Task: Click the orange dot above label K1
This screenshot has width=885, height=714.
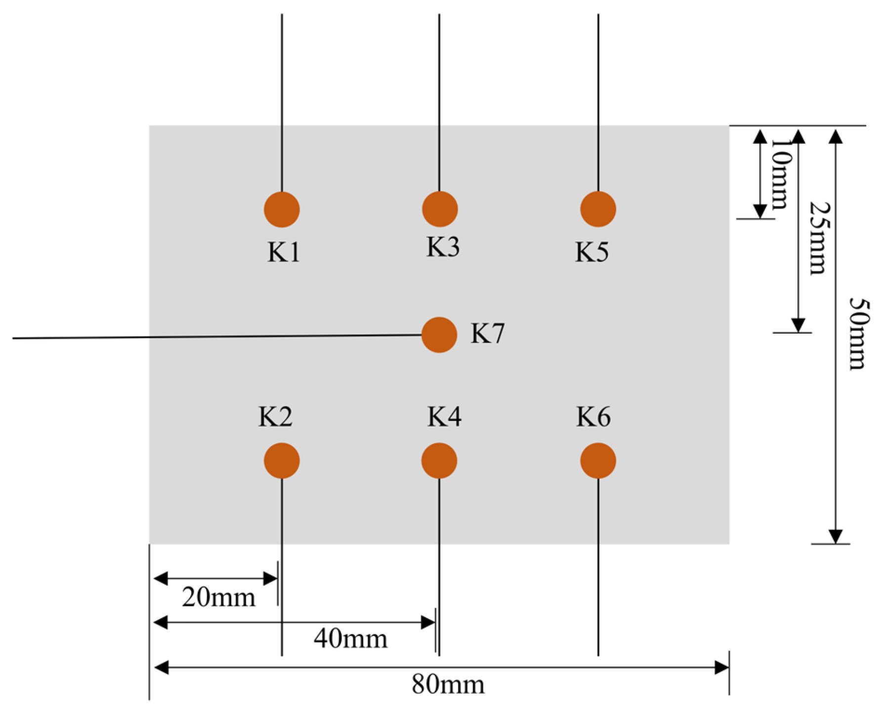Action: pyautogui.click(x=282, y=210)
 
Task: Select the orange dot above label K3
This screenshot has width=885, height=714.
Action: pyautogui.click(x=440, y=209)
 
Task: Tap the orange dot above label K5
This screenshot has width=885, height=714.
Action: pyautogui.click(x=598, y=209)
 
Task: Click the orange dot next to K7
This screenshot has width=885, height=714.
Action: pyautogui.click(x=439, y=335)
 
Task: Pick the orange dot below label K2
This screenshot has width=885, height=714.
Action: pyautogui.click(x=282, y=461)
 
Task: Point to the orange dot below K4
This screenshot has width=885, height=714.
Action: pyautogui.click(x=439, y=461)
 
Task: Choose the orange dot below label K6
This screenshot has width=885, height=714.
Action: pyautogui.click(x=598, y=461)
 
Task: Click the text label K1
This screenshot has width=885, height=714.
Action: pyautogui.click(x=284, y=252)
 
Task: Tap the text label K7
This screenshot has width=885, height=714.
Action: pyautogui.click(x=487, y=334)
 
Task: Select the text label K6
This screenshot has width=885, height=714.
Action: pyautogui.click(x=593, y=417)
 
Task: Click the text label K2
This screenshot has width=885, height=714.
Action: pyautogui.click(x=275, y=417)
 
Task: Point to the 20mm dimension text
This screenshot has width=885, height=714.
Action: pyautogui.click(x=218, y=598)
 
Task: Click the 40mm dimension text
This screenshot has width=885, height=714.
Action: pyautogui.click(x=350, y=639)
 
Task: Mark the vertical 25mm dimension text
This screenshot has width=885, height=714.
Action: pyautogui.click(x=818, y=238)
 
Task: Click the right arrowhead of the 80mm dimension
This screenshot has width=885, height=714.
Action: pyautogui.click(x=722, y=668)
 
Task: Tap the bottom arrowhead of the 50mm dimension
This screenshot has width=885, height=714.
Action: pyautogui.click(x=835, y=537)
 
